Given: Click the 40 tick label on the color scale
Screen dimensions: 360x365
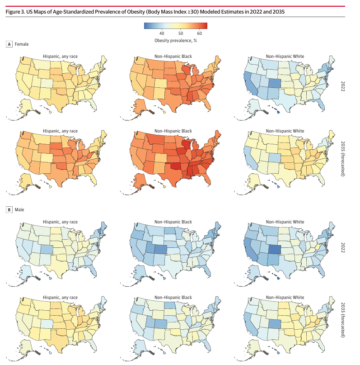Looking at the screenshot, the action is coord(162,33).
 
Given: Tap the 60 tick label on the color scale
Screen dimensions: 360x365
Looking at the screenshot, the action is coord(199,33).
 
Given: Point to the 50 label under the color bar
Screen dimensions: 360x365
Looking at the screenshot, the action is coord(181,33).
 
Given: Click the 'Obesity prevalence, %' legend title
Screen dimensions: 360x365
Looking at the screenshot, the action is coord(176,41).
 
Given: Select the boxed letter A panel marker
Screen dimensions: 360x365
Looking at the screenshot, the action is coord(9,44).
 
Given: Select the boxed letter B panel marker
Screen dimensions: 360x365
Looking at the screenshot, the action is coord(9,210).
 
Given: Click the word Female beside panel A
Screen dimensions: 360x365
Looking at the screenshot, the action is coord(22,44).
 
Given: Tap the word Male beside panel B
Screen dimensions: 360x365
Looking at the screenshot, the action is coord(19,210).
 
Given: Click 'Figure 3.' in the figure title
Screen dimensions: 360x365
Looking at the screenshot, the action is coord(15,12).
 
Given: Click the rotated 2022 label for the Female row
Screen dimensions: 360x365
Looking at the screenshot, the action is coord(343,86).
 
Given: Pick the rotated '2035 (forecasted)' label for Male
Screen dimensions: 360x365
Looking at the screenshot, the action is coord(343,320).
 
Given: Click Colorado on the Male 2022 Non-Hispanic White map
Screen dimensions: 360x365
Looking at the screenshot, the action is coord(275,249).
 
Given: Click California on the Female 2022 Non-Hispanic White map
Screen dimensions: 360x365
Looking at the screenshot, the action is coord(250,83).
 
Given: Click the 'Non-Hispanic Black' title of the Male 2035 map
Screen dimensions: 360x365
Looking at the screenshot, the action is coord(173,298).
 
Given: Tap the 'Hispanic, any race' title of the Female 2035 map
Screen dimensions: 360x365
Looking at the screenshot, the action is coord(60,131).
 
